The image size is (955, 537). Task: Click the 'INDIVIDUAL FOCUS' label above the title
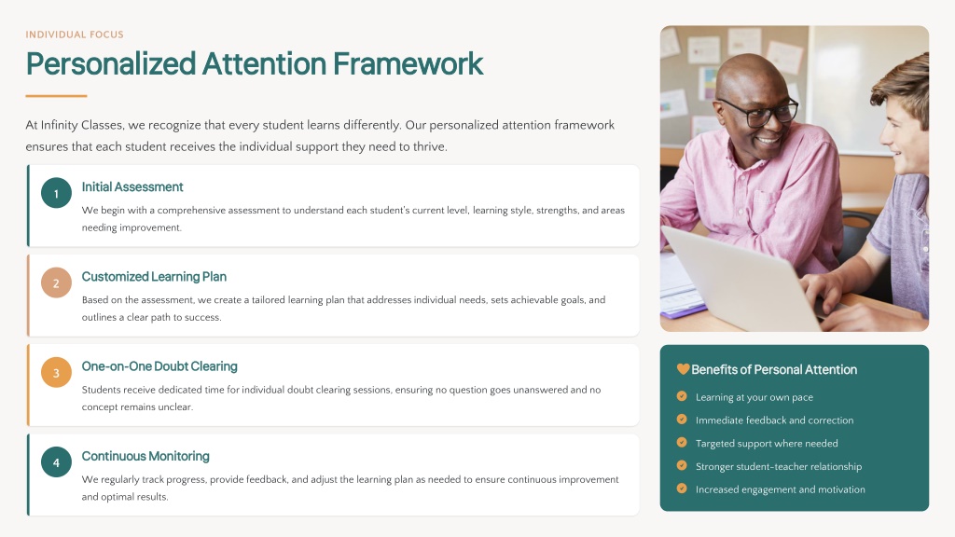click(x=75, y=34)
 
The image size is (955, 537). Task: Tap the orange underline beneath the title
click(x=56, y=96)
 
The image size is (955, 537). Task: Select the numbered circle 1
click(x=56, y=193)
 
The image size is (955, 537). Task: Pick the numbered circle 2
click(x=56, y=282)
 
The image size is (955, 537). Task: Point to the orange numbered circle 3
click(x=56, y=372)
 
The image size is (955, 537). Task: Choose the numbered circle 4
click(x=56, y=461)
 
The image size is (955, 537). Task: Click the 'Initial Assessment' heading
click(x=132, y=186)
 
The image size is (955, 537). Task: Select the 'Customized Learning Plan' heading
click(x=154, y=276)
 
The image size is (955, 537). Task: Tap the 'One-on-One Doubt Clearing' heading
click(x=159, y=365)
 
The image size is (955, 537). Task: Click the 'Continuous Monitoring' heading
click(x=145, y=456)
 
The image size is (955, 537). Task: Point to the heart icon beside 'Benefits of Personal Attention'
click(x=683, y=369)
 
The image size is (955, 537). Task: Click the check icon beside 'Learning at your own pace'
click(x=682, y=396)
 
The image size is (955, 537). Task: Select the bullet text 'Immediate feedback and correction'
click(x=775, y=420)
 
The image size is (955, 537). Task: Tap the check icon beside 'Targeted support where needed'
click(x=682, y=443)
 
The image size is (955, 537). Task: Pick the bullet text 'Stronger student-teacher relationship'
click(x=779, y=466)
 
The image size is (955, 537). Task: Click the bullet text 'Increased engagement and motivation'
click(x=781, y=489)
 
